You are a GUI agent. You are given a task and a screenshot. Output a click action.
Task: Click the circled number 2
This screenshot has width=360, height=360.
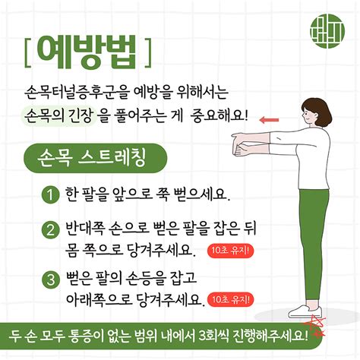point(51,229)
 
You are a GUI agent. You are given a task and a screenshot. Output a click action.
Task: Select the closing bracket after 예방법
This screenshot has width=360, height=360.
point(148,52)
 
